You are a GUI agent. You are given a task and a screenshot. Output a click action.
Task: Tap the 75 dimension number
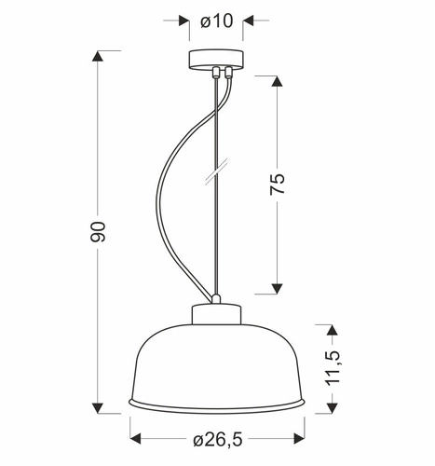[x=277, y=183]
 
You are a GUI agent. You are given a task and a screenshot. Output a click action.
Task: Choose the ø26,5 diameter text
[x=219, y=438]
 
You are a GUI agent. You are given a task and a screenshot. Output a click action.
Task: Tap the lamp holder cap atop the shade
[x=216, y=314]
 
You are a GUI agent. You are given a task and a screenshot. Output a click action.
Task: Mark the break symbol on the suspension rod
[x=216, y=174]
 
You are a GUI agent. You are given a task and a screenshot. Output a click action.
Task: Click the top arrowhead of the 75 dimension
[x=277, y=80]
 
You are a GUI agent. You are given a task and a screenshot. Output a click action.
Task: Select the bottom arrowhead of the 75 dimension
[x=277, y=288]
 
